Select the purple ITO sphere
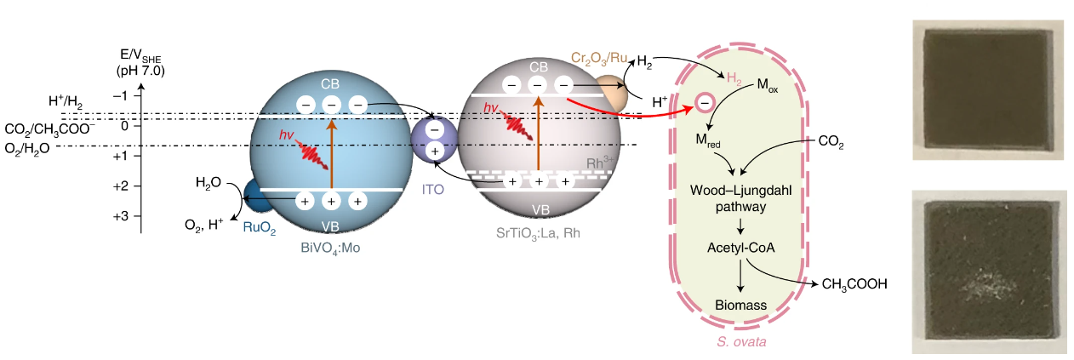(x=433, y=141)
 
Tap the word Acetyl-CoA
(x=741, y=248)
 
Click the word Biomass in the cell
(x=740, y=305)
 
